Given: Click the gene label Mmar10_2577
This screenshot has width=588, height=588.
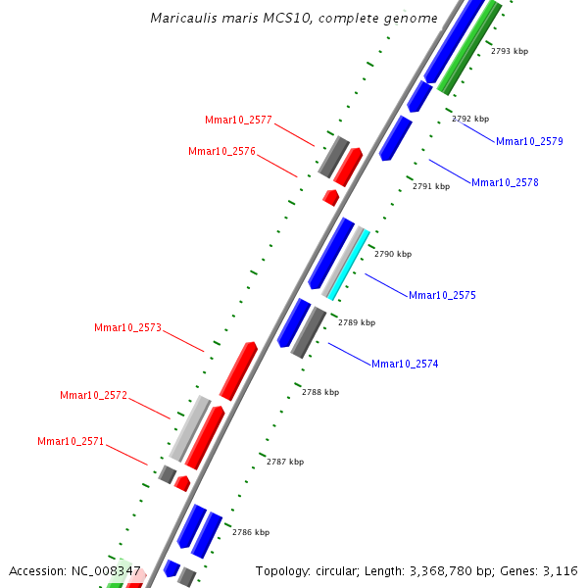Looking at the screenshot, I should click(x=238, y=120).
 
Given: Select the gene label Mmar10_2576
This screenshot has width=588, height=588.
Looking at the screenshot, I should click(x=221, y=151).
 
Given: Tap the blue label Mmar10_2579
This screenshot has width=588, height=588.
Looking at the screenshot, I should click(x=529, y=141).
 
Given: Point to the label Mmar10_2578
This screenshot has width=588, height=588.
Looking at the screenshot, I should click(x=505, y=182).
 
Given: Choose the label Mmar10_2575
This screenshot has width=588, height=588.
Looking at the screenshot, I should click(x=442, y=295).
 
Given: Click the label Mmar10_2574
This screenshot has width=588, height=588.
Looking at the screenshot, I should click(x=405, y=364).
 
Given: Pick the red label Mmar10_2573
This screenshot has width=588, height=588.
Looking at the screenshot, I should click(x=127, y=327).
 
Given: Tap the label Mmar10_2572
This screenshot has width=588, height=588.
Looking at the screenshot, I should click(x=93, y=395).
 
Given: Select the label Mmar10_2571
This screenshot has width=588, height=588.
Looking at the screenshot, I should click(x=71, y=441).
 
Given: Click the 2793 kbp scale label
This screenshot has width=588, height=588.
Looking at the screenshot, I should click(x=510, y=51).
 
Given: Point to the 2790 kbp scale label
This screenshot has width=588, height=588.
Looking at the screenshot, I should click(x=393, y=254).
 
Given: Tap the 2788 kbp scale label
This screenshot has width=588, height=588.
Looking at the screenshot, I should click(x=320, y=392).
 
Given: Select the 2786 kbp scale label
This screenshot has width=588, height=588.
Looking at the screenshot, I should click(x=251, y=532).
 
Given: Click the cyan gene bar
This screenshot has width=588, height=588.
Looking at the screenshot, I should click(x=349, y=264).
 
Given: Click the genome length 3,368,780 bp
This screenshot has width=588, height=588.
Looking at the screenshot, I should click(x=454, y=570).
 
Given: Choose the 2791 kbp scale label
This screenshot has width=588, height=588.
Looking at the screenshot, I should click(x=431, y=186).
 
